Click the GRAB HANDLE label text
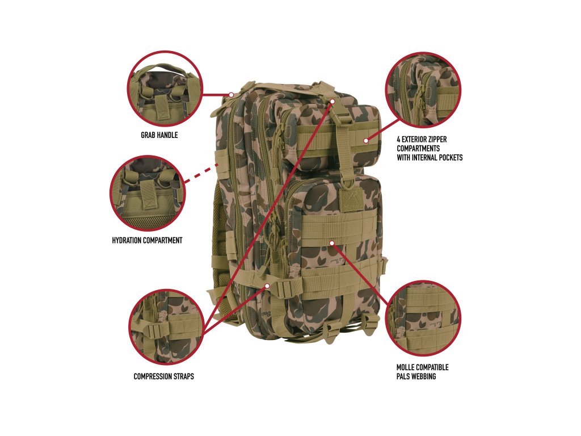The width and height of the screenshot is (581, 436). pyautogui.click(x=159, y=135)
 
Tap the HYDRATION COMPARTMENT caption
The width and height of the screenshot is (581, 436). pyautogui.click(x=147, y=240)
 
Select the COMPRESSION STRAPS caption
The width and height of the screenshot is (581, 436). pyautogui.click(x=163, y=376)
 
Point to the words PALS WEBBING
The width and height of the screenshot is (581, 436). pyautogui.click(x=416, y=376)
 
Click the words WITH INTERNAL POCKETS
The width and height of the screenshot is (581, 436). pyautogui.click(x=429, y=157)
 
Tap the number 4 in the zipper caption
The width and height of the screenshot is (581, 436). pyautogui.click(x=399, y=139)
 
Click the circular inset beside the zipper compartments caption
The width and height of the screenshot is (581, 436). pyautogui.click(x=423, y=90)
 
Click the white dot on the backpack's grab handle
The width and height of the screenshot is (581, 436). pyautogui.click(x=232, y=94)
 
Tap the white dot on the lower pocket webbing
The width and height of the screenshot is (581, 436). pyautogui.click(x=332, y=243)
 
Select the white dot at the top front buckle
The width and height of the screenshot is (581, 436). pyautogui.click(x=333, y=101)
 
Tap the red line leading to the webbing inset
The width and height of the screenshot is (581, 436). pyautogui.click(x=363, y=273)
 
